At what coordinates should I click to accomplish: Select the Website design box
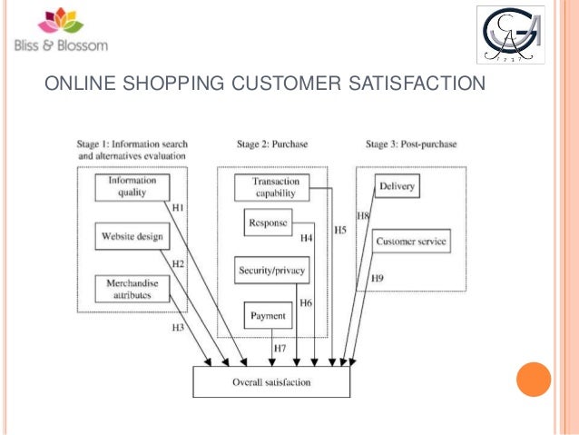tap(132, 237)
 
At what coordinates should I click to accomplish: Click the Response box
tap(268, 222)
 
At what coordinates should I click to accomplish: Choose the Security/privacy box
tap(272, 270)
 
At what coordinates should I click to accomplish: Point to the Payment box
tap(268, 316)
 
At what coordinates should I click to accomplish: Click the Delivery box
tap(397, 186)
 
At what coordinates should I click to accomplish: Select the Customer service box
tap(411, 242)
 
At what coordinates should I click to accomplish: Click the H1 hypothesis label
tap(179, 209)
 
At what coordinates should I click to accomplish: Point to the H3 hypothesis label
tap(179, 326)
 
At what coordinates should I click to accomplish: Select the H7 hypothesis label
tap(280, 349)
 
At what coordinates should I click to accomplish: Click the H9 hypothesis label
tap(377, 278)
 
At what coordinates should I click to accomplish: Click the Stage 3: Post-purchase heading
tap(411, 143)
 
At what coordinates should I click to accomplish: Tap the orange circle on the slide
tap(533, 381)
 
